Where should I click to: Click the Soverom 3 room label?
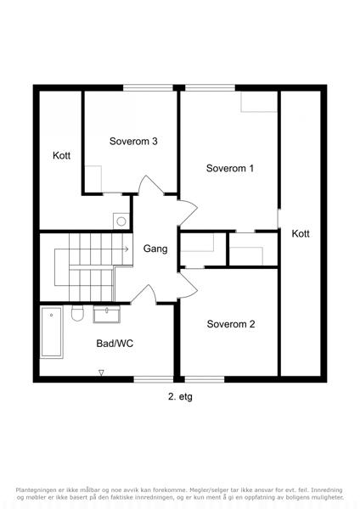133,141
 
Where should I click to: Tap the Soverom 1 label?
230,168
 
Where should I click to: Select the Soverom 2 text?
231,324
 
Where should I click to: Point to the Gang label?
155,249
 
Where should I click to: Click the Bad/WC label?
115,344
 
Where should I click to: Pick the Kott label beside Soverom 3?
61,155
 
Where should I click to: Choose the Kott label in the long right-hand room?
301,233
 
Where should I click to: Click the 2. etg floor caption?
180,396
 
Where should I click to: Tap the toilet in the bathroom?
77,313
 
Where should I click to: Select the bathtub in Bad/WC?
52,332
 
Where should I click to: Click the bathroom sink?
107,314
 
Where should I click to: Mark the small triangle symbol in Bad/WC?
101,372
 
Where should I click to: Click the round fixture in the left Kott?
121,221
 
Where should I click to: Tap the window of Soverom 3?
148,87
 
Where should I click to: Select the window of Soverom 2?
205,379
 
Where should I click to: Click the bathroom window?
154,379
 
